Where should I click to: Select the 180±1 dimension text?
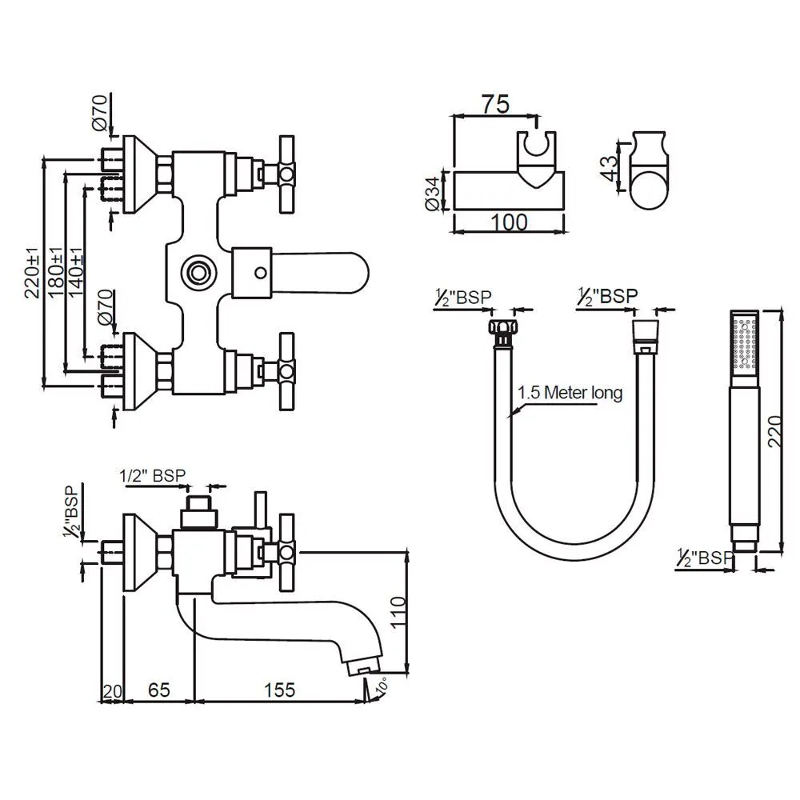point(55,271)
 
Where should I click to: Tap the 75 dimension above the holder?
point(495,104)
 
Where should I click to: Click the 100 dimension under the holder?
point(509,222)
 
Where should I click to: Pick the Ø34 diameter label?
point(433,194)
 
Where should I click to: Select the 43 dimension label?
point(609,167)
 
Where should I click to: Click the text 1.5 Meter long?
point(570,392)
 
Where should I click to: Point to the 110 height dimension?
point(398,612)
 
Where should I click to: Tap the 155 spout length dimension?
point(279,690)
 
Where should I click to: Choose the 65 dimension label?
point(158,690)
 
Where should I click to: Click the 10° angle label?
point(382,686)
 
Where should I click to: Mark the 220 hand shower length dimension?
point(774,432)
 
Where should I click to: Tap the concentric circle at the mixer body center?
point(198,272)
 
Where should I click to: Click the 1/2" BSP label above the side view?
point(153,475)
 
